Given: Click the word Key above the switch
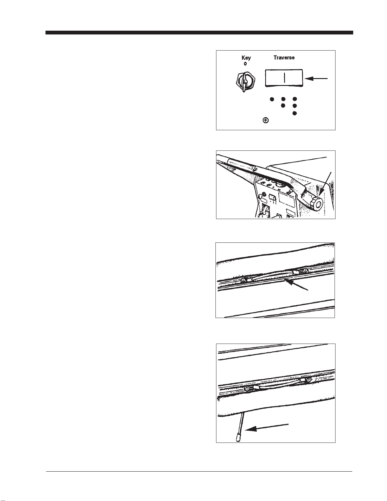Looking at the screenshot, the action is [x=246, y=58].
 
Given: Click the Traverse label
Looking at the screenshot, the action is [x=284, y=58].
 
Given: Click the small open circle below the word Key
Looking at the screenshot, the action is [x=245, y=64].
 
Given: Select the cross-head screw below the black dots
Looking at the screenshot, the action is [x=266, y=120].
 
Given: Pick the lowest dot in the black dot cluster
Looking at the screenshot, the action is [x=295, y=113].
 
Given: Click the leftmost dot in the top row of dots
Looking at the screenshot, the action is [x=272, y=99].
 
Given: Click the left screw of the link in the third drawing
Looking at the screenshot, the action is [x=243, y=280].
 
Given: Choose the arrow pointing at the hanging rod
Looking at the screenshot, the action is [x=267, y=427].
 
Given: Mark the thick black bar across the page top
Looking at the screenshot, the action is [x=199, y=33].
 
